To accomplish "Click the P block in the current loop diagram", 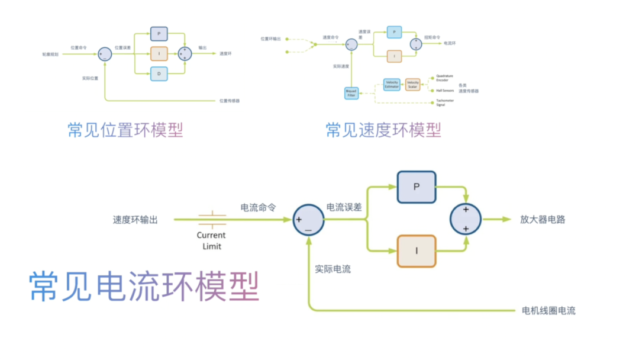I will (417, 187).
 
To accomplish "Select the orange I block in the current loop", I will (417, 251).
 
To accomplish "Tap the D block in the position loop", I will (159, 73).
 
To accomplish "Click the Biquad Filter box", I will (351, 93).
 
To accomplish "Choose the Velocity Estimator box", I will (392, 84).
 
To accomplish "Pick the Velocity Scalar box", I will (412, 84).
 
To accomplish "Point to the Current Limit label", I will (211, 240).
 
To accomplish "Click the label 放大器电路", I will (543, 219).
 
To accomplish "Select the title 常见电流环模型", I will (144, 287).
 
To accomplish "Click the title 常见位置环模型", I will (125, 130).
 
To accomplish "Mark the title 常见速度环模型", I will (383, 130).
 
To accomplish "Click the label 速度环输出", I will (135, 220).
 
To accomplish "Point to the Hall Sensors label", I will (445, 91).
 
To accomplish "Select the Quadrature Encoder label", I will (444, 78).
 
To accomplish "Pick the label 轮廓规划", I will (50, 54).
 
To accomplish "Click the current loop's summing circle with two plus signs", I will (466, 219).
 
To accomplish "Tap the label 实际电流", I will (333, 269).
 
